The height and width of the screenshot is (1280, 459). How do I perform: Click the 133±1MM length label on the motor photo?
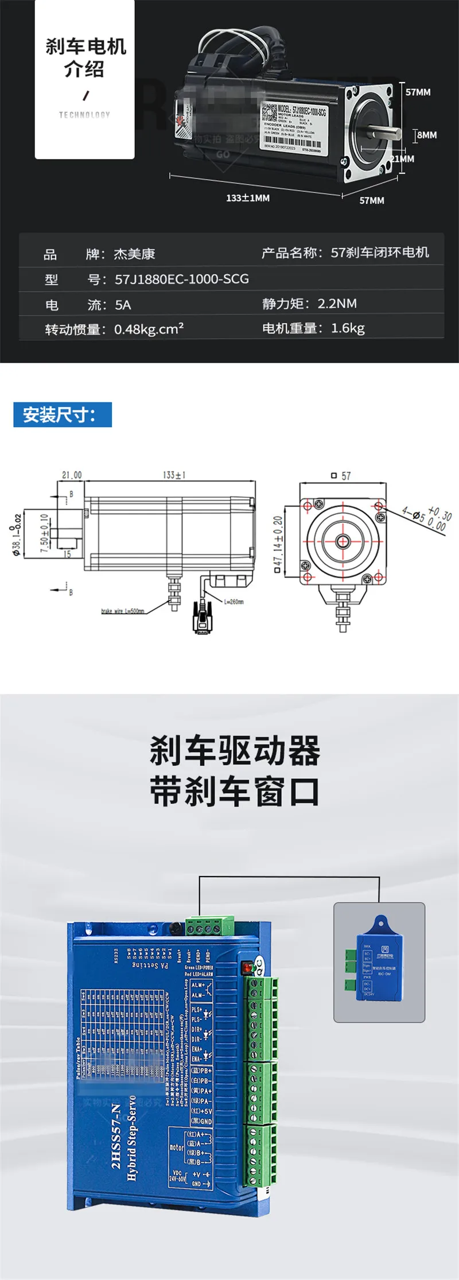247,198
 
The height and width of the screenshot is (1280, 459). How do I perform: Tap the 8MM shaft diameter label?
426,135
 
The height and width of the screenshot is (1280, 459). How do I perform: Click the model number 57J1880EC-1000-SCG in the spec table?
182,279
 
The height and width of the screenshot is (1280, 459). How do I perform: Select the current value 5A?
123,305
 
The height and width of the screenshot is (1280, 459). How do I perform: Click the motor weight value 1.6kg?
348,328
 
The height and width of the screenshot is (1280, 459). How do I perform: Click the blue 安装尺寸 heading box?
63,414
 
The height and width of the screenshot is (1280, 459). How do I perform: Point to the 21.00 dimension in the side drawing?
72,475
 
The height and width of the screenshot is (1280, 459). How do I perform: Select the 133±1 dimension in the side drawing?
174,475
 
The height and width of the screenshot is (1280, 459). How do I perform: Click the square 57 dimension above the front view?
341,476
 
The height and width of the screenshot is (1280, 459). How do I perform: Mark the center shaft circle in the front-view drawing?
343,541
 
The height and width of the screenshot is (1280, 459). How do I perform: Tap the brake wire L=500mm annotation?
122,611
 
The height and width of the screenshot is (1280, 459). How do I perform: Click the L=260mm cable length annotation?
234,602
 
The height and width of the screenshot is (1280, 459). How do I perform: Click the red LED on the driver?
247,968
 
